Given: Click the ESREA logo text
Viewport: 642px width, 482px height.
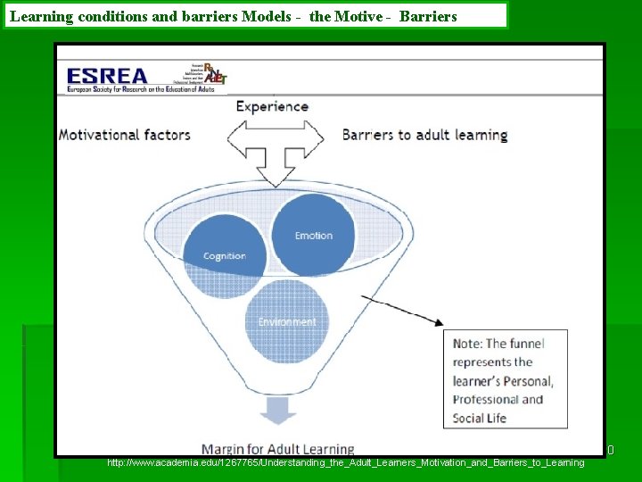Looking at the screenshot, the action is [107, 75].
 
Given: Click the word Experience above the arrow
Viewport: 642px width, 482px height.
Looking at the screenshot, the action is [272, 106].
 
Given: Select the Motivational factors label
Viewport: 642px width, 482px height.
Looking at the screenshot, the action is [125, 135].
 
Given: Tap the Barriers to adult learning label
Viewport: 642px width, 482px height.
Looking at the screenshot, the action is [424, 135].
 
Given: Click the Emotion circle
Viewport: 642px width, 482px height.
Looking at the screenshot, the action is [313, 235].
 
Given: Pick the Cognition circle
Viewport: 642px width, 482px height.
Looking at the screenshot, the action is [224, 256].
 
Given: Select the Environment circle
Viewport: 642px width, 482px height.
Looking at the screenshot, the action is [286, 321].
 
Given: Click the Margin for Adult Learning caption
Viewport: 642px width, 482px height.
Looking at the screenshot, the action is [277, 449].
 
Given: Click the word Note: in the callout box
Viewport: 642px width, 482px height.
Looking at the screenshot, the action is [469, 344].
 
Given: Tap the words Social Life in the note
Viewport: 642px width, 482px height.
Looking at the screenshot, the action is [479, 418].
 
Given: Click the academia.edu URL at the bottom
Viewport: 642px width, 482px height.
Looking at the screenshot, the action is [345, 462].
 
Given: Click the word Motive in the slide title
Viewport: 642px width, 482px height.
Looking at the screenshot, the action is [355, 16].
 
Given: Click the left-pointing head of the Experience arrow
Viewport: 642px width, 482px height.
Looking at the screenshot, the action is [235, 137].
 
